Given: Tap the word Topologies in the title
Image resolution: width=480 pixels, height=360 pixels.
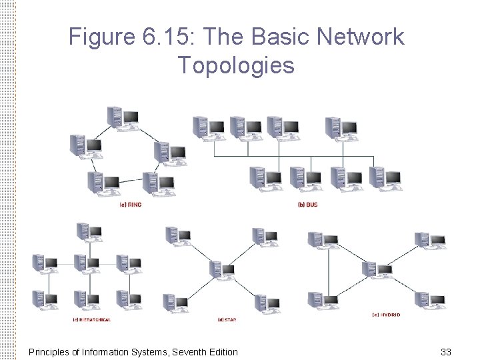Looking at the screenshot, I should coord(236,65).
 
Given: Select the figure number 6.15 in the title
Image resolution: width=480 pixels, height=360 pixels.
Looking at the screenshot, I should coord(165,37).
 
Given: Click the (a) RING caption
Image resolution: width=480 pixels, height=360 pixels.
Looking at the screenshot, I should coord(130,204).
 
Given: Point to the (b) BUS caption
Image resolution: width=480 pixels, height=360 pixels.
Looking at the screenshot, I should coord(307,204).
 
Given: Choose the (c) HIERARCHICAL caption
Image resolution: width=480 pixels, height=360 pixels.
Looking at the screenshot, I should coord(91,320).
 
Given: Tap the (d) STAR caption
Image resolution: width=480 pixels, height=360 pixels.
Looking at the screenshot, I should coord(227,320).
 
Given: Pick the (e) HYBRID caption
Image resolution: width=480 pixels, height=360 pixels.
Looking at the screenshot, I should coord(386,314).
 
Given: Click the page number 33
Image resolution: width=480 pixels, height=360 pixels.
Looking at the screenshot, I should coord(446,351).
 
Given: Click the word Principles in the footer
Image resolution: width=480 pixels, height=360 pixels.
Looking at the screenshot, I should coord(51,351).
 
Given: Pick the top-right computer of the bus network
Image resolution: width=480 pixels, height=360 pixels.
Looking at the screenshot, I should coord(341,128).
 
